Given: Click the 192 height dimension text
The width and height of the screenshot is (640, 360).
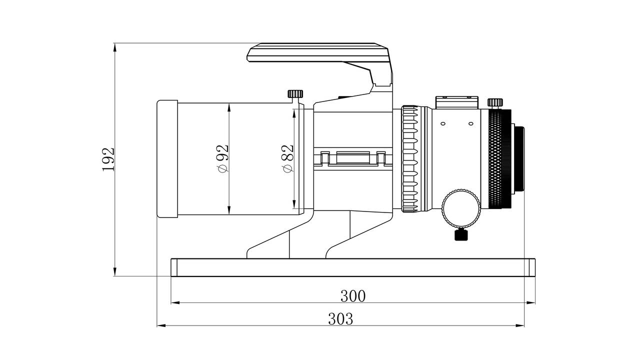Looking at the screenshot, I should click(108, 159).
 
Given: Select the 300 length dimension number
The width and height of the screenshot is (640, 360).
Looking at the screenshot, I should click(353, 296).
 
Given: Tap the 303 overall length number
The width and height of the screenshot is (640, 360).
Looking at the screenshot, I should click(340, 318).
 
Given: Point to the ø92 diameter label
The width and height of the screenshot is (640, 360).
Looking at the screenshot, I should click(222, 158).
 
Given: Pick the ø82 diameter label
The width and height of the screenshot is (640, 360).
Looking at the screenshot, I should click(287, 158).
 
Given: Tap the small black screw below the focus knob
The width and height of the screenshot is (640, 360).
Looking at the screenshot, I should click(461, 234).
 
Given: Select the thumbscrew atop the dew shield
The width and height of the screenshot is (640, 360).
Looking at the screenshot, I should click(295, 93).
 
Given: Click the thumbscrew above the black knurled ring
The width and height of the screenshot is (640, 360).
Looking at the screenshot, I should click(495, 102).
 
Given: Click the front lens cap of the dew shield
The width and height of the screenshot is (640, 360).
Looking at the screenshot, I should click(167, 159).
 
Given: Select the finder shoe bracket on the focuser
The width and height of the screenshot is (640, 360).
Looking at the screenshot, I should click(456, 102).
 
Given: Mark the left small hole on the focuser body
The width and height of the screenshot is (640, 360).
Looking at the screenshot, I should click(442, 123).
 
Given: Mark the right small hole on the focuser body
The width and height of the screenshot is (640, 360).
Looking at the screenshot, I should click(470, 123).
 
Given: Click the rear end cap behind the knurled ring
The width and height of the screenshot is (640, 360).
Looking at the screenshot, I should click(519, 159).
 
